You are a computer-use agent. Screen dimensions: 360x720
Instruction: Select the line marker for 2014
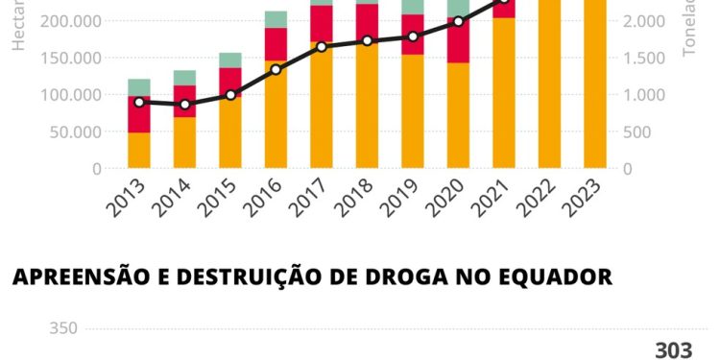click(x=185, y=105)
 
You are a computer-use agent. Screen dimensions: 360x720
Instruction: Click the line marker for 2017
click(x=322, y=47)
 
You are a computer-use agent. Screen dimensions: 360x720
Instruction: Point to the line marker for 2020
click(x=459, y=21)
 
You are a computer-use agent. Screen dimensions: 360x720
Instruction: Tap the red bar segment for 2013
click(x=139, y=113)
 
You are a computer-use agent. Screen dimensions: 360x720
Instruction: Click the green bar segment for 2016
click(x=276, y=19)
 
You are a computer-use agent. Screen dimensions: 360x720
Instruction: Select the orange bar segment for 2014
click(x=185, y=142)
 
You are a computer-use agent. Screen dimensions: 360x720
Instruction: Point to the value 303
click(x=673, y=350)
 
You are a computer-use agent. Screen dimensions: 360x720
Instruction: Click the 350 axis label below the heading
click(x=62, y=328)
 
